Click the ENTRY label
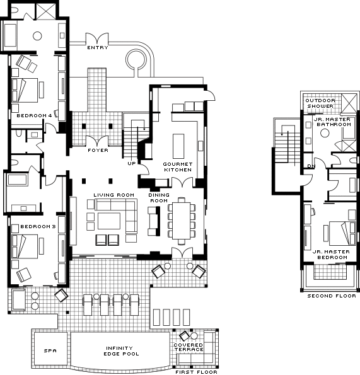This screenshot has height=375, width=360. pos(98,48)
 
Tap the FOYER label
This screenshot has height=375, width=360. pos(98,150)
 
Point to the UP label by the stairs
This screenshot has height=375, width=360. pos(132,163)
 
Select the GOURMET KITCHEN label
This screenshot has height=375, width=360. pos(178,167)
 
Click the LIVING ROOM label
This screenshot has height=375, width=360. pos(114,195)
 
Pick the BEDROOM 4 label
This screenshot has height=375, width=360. pos(34,116)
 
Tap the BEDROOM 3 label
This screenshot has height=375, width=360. pos(38,226)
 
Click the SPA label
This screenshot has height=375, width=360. pos(50,351)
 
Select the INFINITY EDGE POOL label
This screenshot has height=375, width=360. pos(121,351)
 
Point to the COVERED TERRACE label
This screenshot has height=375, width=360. pos(189,347)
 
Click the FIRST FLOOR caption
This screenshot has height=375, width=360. pos(196,372)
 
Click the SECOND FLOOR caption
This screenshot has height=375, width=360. pos(332,296)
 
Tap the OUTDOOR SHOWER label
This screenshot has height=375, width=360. pos(320,103)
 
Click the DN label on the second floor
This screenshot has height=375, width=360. pos(311,166)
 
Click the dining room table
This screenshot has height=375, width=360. pos(182,221)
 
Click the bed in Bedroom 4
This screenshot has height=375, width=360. pos(25,90)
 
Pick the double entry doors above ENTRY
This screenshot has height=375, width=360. pos(97,38)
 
